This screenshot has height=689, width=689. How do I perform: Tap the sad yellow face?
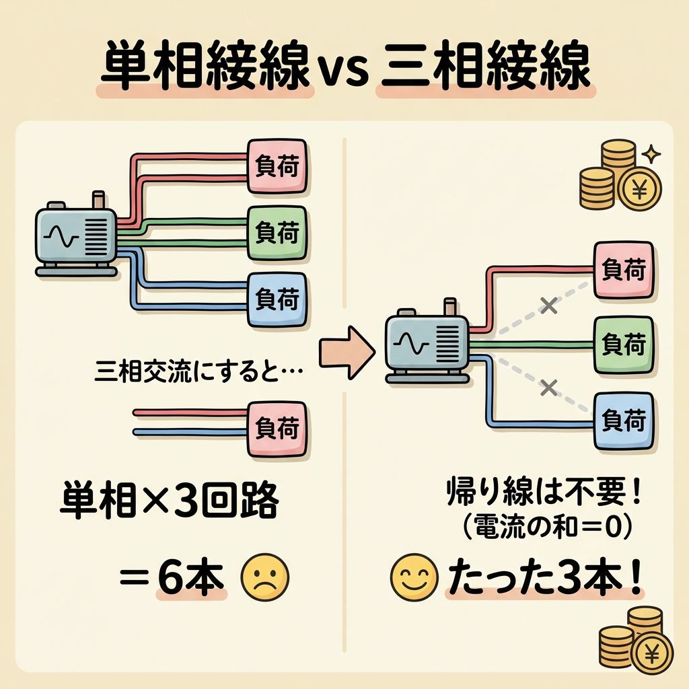tap(264, 578)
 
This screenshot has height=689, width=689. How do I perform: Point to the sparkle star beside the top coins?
tap(651, 155)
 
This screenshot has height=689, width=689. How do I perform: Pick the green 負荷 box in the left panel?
tap(277, 233)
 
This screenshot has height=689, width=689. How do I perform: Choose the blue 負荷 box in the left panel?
tap(277, 298)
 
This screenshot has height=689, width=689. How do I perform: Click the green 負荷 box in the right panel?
tap(624, 345)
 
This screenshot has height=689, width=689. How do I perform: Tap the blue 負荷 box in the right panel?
tap(624, 422)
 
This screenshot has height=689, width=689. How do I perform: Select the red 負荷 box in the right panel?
tap(624, 270)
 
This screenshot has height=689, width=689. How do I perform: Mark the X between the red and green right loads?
tap(550, 306)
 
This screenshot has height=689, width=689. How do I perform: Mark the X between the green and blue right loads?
tap(550, 386)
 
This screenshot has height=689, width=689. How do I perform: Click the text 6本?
tap(192, 577)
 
